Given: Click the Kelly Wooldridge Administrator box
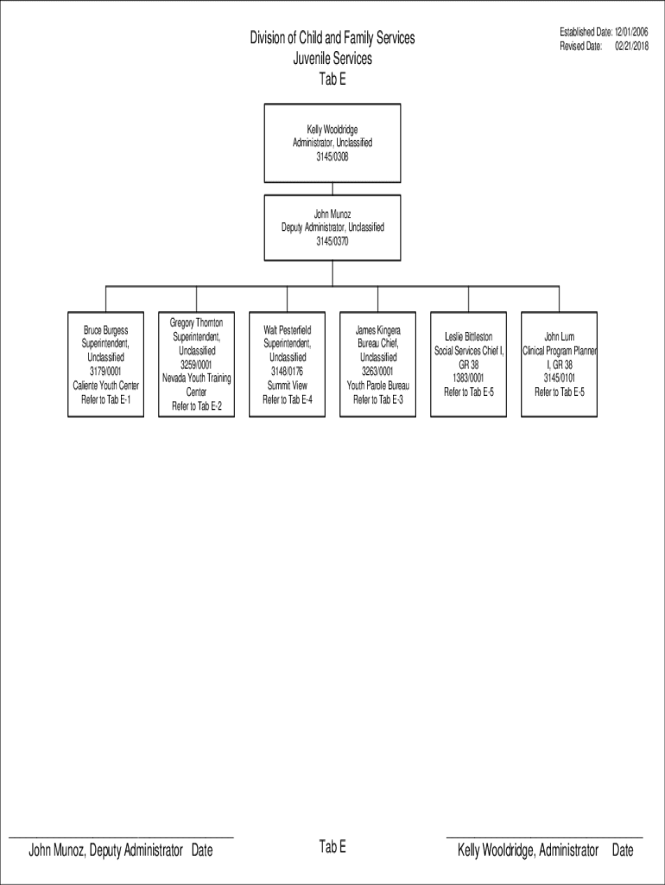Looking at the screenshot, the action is coord(332,143).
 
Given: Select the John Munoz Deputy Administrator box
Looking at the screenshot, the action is coord(332,227).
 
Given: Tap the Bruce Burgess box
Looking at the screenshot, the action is coord(105,364).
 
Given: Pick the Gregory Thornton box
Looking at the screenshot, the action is coord(196,364).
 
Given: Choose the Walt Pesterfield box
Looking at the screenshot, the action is coord(287,364).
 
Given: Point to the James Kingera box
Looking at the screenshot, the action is coord(378,364).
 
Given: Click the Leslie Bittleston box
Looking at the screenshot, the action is coord(469,364).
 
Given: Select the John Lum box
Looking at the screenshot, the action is coord(559,364).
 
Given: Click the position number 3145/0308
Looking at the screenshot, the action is coord(332,157).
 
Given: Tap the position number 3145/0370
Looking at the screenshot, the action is coord(332,242).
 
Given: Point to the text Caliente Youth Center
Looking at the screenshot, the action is coord(106,385).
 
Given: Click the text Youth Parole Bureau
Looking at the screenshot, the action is coord(378,385).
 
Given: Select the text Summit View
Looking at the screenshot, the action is coord(287,385).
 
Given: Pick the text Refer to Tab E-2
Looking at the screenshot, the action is coord(197,406).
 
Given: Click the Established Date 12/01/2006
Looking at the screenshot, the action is coord(604,32).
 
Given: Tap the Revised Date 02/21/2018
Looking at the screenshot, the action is coord(604,47).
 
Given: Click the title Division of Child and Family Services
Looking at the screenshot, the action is coord(332,38).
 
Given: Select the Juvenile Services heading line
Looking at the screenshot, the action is coord(332,58).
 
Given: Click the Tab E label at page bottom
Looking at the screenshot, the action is coord(332,846).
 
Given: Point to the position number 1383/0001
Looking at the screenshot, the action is coord(469,379).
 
